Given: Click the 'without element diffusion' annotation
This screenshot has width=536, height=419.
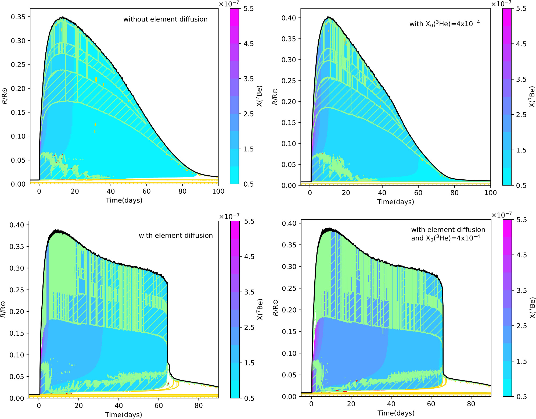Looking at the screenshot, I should pyautogui.click(x=165, y=19).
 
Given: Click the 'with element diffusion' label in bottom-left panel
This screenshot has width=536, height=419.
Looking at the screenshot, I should pyautogui.click(x=175, y=236).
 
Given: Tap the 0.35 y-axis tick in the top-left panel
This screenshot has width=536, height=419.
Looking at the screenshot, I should pyautogui.click(x=18, y=17).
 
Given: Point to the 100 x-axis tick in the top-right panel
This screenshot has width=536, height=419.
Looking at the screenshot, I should pyautogui.click(x=490, y=193).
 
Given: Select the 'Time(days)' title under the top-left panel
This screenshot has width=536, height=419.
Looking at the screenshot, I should pyautogui.click(x=124, y=200).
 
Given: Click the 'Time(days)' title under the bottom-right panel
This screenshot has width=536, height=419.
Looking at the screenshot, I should pyautogui.click(x=396, y=413).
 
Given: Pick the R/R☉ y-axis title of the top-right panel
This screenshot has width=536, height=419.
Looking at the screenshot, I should pyautogui.click(x=275, y=97).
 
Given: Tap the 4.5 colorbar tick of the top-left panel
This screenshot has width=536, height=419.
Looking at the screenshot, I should pyautogui.click(x=249, y=44).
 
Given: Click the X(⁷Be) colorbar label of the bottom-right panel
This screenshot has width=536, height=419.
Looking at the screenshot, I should pyautogui.click(x=532, y=308).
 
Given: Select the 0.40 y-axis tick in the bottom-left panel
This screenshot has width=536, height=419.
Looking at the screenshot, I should pyautogui.click(x=17, y=225).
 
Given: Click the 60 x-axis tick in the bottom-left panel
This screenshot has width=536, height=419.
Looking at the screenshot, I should pyautogui.click(x=159, y=406).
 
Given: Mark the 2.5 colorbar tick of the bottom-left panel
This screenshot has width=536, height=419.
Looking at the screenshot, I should pyautogui.click(x=249, y=328).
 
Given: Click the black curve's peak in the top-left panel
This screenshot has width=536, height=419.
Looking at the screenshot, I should pyautogui.click(x=62, y=17).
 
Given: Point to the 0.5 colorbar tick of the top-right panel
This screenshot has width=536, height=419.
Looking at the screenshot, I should pyautogui.click(x=521, y=186).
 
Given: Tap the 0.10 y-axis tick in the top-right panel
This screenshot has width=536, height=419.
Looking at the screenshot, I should pyautogui.click(x=289, y=144).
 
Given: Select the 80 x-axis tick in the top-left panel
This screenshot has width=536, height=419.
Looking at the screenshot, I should pyautogui.click(x=182, y=191).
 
